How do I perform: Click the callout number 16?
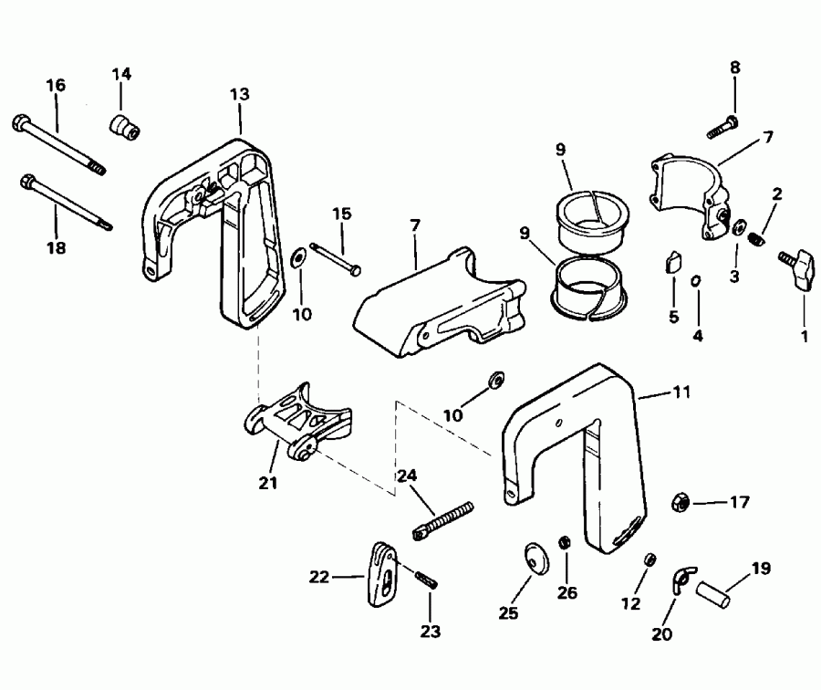pyautogui.click(x=56, y=85)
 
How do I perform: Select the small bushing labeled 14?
pyautogui.click(x=125, y=127)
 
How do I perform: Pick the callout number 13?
pyautogui.click(x=239, y=94)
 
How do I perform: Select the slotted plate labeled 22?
pyautogui.click(x=383, y=575)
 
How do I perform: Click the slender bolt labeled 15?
pyautogui.click(x=336, y=256)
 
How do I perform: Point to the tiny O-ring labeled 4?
pyautogui.click(x=696, y=281)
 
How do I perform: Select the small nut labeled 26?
pyautogui.click(x=564, y=543)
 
